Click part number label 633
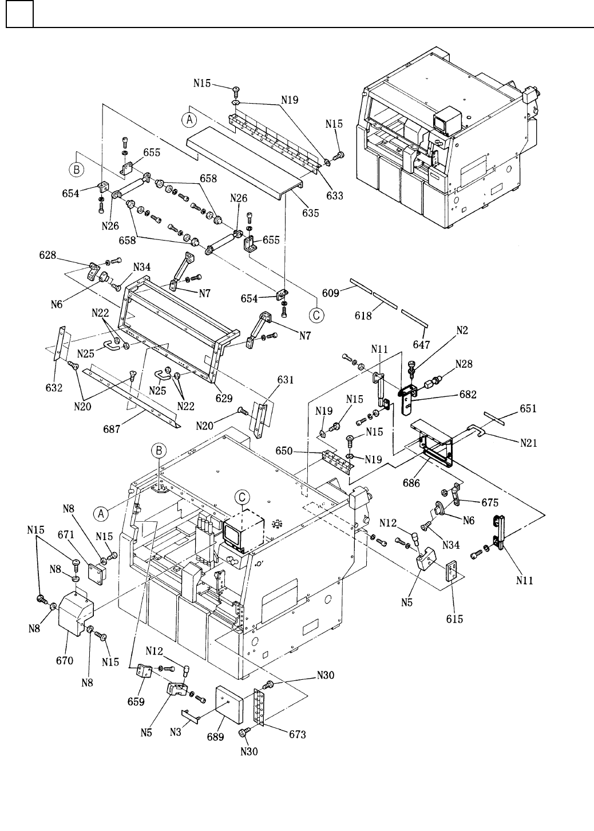point(335,196)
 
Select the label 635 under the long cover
point(311,212)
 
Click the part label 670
point(65,660)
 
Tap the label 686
point(411,483)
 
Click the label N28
point(464,364)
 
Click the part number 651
point(528,409)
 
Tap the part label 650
point(302,452)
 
